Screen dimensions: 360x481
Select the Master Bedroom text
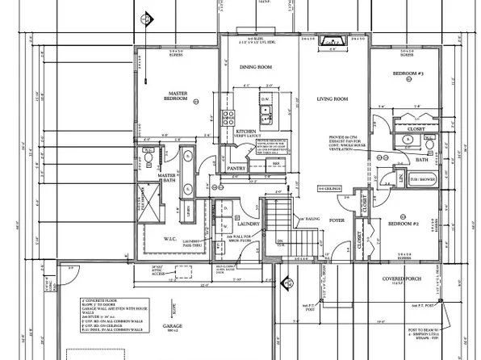pyautogui.click(x=177, y=98)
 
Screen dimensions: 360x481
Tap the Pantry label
pyautogui.click(x=236, y=168)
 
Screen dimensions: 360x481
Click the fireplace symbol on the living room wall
pyautogui.click(x=330, y=42)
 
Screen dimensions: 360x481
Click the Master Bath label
pyautogui.click(x=167, y=178)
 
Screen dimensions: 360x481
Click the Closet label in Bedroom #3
pyautogui.click(x=416, y=128)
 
